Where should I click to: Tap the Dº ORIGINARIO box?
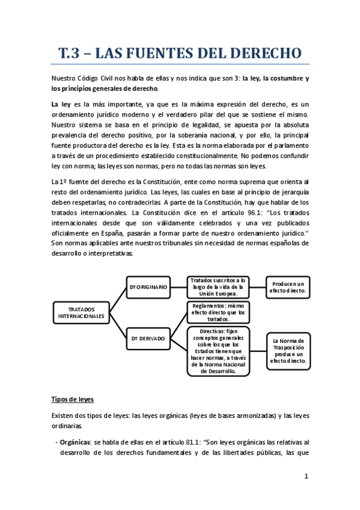(148, 287)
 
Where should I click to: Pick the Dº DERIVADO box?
(148, 339)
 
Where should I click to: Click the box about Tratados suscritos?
(218, 287)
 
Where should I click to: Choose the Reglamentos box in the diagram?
(218, 312)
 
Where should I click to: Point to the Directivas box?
(218, 351)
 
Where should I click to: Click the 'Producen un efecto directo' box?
(288, 287)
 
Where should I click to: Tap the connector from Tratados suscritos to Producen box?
(257, 287)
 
